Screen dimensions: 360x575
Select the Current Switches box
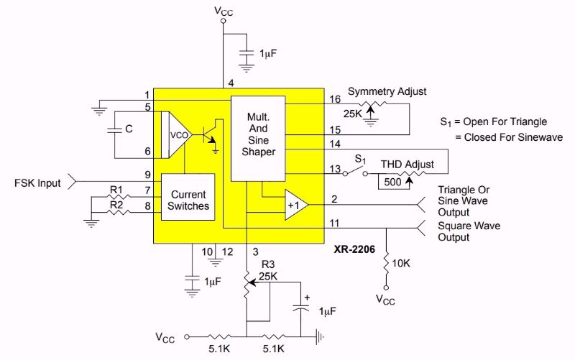pos(188,200)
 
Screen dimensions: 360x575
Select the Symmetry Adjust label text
pos(387,91)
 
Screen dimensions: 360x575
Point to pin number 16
pos(336,98)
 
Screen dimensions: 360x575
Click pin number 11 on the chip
pos(336,223)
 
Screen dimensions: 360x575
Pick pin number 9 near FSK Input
pos(147,175)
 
